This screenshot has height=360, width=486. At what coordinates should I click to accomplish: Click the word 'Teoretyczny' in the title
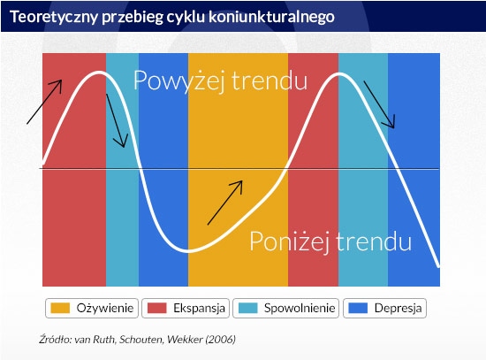click(54, 17)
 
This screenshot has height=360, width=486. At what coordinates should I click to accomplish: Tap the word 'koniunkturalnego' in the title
click(271, 16)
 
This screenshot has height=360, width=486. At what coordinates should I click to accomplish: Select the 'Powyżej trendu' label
click(220, 80)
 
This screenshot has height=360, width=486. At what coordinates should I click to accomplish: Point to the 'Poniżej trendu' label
click(330, 241)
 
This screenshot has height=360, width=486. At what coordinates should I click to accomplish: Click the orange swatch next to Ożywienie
click(60, 308)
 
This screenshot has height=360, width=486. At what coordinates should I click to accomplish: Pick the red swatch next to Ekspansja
click(156, 308)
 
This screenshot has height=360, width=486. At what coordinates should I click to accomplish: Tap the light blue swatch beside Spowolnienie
click(248, 308)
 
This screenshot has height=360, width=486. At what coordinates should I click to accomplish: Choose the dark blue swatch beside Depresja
click(358, 308)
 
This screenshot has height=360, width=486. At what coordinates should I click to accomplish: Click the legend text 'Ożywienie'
click(105, 308)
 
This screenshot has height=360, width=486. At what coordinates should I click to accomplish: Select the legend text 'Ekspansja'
click(199, 308)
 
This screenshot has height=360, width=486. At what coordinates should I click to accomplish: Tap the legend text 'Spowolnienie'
click(300, 308)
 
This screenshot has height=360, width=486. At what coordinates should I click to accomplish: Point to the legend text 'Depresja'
click(398, 308)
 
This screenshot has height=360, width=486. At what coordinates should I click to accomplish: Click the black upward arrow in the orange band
click(225, 203)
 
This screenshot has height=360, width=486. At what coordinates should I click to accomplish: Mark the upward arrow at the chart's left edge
click(44, 102)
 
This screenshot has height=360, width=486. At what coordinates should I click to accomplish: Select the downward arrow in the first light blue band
click(117, 120)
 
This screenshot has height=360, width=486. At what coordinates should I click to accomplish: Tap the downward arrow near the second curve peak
click(379, 104)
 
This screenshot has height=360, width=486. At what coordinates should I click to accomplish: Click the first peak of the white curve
click(99, 73)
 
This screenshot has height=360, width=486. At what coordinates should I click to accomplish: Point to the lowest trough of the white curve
click(187, 250)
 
